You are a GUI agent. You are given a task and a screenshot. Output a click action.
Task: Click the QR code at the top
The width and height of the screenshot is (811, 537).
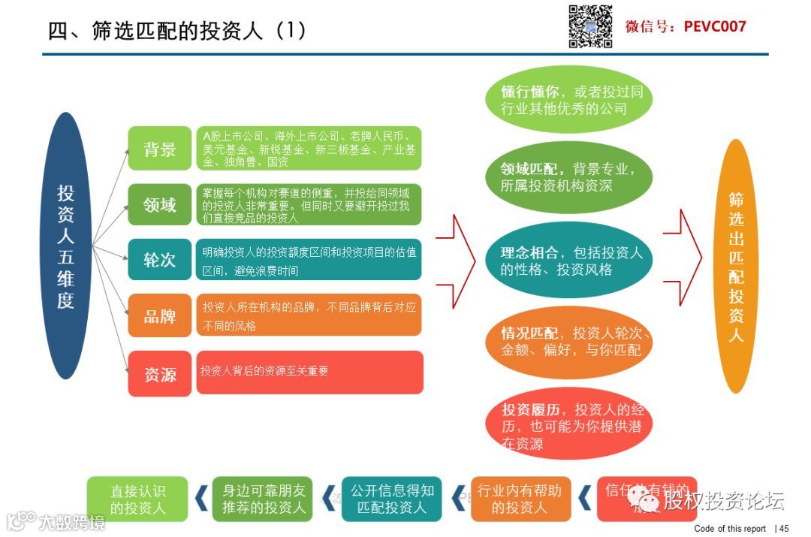click(x=590, y=26)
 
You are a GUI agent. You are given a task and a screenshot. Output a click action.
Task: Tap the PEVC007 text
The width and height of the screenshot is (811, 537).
click(x=715, y=26)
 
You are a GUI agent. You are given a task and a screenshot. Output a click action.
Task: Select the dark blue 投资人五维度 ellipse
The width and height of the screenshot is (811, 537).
click(x=66, y=246)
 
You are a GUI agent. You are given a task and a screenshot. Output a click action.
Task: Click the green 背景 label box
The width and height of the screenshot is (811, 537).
click(x=159, y=149)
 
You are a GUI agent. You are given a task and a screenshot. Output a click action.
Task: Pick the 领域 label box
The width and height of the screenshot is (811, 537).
click(x=159, y=204)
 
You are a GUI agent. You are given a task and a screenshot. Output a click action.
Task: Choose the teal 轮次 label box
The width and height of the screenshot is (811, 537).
click(x=159, y=260)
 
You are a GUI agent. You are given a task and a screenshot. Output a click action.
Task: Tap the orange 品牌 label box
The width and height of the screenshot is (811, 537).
click(x=159, y=315)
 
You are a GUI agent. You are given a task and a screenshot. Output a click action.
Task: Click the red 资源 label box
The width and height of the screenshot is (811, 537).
click(x=159, y=373)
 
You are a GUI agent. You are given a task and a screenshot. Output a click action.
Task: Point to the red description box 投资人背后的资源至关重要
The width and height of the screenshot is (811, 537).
click(x=309, y=372)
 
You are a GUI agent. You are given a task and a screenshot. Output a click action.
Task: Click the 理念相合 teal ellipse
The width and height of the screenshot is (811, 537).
click(x=571, y=260)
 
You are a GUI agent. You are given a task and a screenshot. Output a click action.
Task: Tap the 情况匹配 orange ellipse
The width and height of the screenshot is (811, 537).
click(x=571, y=341)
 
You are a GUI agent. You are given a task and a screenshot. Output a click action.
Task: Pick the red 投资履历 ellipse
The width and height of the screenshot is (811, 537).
click(x=571, y=425)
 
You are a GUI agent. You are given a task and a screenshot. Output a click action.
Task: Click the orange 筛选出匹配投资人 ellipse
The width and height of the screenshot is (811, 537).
click(x=736, y=266)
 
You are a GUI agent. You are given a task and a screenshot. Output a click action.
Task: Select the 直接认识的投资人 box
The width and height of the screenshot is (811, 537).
click(x=137, y=499)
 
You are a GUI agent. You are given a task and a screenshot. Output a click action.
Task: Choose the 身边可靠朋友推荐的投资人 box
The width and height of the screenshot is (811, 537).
click(x=264, y=499)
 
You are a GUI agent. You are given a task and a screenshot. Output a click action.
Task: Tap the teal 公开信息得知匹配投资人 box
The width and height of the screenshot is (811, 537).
click(x=392, y=499)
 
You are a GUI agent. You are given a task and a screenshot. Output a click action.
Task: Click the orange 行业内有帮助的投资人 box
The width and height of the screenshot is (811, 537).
click(x=520, y=499)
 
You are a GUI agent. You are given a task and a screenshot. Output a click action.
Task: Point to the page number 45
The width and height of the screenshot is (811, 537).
click(x=784, y=528)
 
